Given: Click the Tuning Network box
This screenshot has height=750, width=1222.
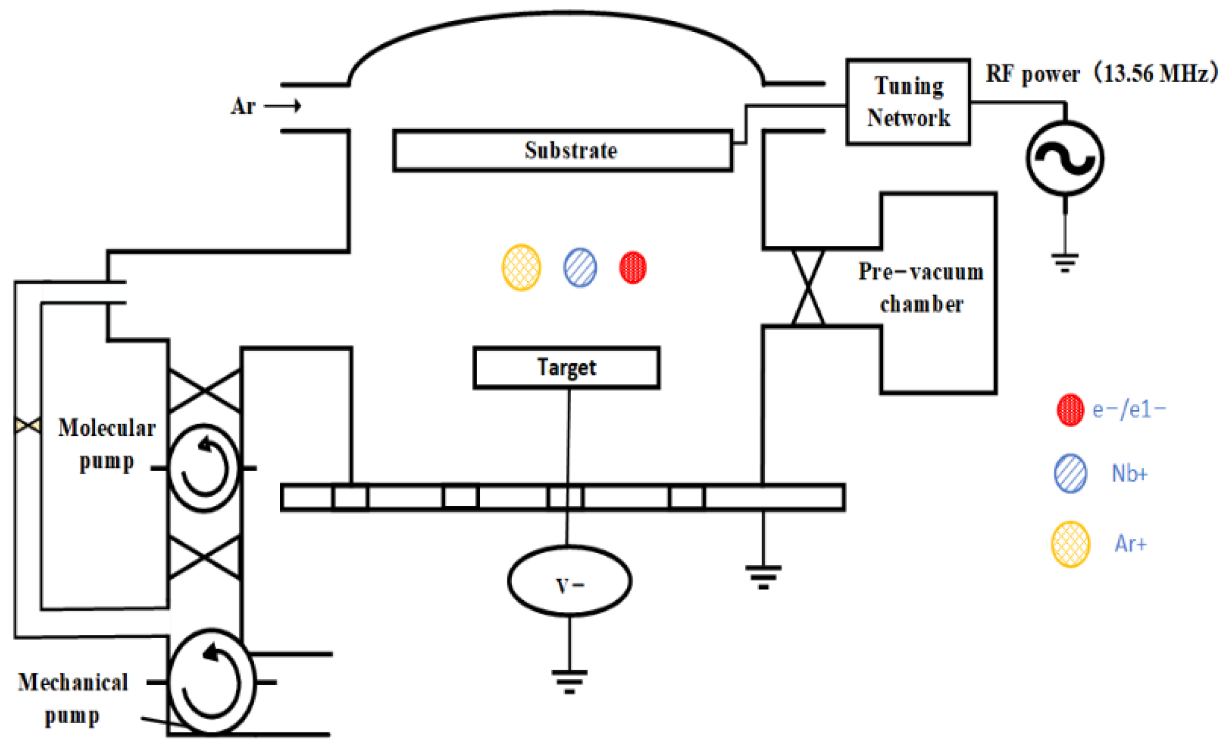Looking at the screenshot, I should pyautogui.click(x=907, y=102).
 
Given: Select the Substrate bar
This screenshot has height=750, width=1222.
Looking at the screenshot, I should pyautogui.click(x=562, y=150).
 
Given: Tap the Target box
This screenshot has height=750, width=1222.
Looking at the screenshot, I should pyautogui.click(x=566, y=367).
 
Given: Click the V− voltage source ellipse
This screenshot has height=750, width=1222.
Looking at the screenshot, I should pyautogui.click(x=569, y=581).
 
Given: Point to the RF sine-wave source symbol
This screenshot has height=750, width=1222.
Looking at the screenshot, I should pyautogui.click(x=1064, y=158).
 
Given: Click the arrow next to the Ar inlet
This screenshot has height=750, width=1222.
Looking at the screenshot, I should pyautogui.click(x=283, y=106).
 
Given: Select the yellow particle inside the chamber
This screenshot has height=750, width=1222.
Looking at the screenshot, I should pyautogui.click(x=521, y=267).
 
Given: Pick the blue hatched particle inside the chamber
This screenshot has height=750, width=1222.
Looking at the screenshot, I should pyautogui.click(x=580, y=268).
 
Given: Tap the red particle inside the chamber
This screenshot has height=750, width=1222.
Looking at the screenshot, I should pyautogui.click(x=633, y=268).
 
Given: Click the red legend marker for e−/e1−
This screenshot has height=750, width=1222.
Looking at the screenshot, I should pyautogui.click(x=1070, y=410).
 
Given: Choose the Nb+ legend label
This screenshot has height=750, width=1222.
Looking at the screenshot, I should pyautogui.click(x=1129, y=473).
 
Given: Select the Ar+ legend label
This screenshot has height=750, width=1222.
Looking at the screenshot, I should pyautogui.click(x=1130, y=543).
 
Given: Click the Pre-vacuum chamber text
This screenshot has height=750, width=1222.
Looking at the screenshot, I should pyautogui.click(x=921, y=288).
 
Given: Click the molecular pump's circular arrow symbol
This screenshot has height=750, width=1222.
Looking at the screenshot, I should pyautogui.click(x=205, y=467).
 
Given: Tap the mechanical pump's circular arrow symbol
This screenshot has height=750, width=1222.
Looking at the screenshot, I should pyautogui.click(x=211, y=681).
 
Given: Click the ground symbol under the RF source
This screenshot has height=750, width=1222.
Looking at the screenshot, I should pyautogui.click(x=1064, y=262).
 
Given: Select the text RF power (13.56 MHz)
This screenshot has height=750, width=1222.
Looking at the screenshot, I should pyautogui.click(x=1101, y=73).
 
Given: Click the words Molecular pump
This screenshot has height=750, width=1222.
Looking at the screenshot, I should pyautogui.click(x=106, y=444).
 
